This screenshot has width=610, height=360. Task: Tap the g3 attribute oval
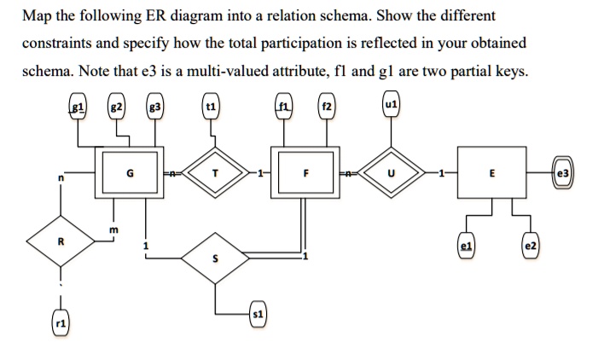(154, 108)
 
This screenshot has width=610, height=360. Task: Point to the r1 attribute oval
(61, 325)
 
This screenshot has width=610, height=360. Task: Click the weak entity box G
(128, 175)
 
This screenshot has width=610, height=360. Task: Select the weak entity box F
(303, 175)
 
